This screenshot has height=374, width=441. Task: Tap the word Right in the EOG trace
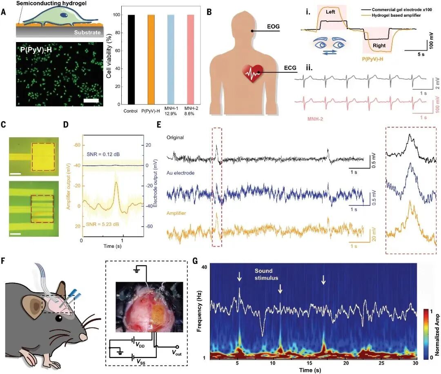[379, 45]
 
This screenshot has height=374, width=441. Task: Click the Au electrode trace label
[181, 173]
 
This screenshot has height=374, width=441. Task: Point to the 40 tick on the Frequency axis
[203, 267]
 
